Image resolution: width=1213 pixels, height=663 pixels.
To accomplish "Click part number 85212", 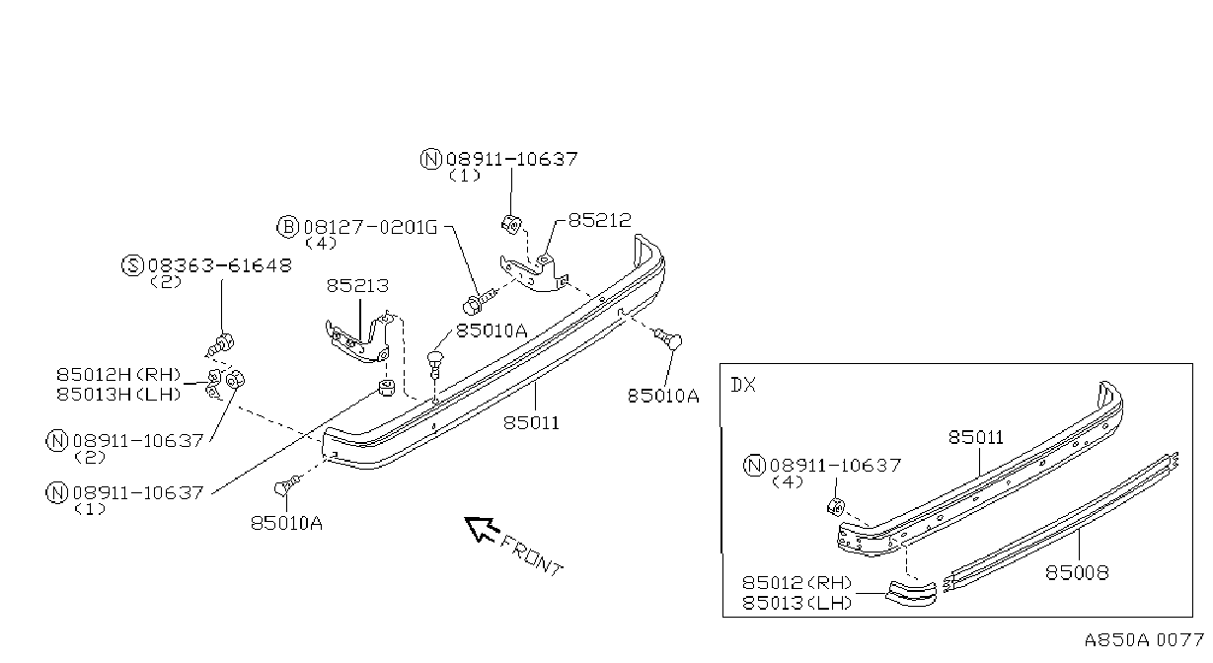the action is [599, 220].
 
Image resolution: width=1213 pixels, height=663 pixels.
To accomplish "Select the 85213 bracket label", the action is [357, 286].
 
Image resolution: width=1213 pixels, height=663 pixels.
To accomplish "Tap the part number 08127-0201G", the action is [370, 227].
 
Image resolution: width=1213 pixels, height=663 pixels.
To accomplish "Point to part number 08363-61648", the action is [220, 265].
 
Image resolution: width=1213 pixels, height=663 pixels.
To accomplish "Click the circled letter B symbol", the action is [287, 227].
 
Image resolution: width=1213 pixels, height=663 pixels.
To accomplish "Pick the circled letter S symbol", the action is [132, 265].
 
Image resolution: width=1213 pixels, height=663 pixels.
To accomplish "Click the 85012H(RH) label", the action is [118, 375].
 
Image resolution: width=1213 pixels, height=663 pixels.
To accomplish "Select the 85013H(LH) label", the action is [118, 394].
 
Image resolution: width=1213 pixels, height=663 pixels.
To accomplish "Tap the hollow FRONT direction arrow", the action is [481, 528].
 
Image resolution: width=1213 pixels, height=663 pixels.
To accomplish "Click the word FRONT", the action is [531, 555].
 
